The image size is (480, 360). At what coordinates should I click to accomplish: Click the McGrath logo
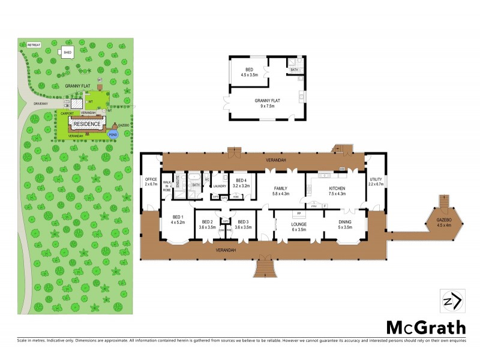[425, 328]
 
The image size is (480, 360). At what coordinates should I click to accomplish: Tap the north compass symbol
[451, 301]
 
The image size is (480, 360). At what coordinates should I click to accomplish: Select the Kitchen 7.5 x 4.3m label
[336, 191]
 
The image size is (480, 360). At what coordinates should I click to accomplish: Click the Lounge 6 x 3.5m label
[299, 226]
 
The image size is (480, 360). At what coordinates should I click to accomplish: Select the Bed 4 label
[241, 183]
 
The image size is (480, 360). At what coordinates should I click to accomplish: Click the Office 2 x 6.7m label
[151, 182]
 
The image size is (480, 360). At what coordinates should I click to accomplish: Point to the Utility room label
[376, 182]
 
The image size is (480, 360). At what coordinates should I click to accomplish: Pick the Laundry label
[220, 186]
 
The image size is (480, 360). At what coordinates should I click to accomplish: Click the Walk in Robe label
[167, 186]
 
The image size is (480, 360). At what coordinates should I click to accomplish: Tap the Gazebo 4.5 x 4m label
[445, 224]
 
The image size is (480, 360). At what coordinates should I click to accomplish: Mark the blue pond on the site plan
[112, 134]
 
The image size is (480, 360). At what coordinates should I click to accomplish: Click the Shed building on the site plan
[68, 53]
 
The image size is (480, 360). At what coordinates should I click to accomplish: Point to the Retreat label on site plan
[33, 45]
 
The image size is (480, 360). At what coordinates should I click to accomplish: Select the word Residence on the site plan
[87, 124]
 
